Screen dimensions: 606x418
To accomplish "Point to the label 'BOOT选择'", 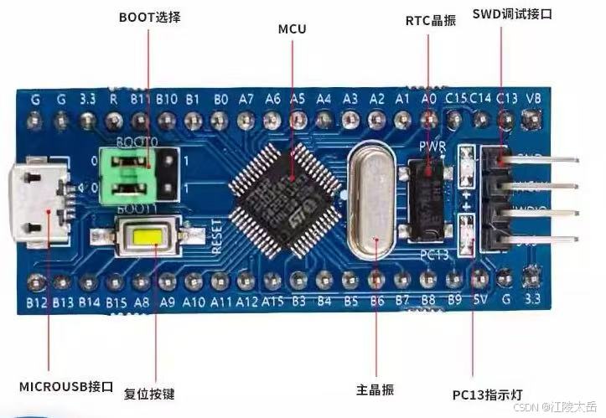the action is click(x=149, y=17).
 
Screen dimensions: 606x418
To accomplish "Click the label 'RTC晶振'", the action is click(x=430, y=20).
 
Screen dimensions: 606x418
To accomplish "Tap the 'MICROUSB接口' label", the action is click(x=65, y=386).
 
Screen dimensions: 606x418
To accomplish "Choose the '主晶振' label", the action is click(x=375, y=390).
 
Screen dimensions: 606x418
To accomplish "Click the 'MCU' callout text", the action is click(x=292, y=29).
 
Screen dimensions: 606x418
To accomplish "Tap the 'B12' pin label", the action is click(x=36, y=302).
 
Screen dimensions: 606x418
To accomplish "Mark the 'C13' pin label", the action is click(x=506, y=98).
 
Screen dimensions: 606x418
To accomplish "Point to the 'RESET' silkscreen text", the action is click(x=217, y=235).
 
